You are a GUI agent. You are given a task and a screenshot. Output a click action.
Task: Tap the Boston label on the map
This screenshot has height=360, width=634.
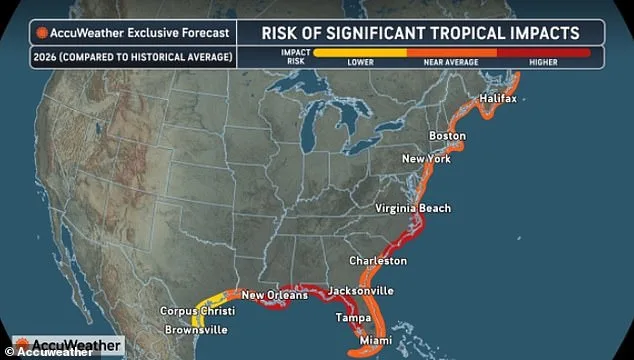click(447, 135)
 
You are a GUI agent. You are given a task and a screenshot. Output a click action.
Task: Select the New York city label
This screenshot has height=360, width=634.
click(426, 159)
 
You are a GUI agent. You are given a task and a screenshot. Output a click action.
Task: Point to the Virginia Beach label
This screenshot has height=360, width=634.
click(412, 208)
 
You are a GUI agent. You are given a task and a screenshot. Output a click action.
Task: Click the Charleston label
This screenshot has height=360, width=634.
click(377, 260)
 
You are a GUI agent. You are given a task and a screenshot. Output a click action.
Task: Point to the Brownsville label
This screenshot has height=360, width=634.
click(197, 329)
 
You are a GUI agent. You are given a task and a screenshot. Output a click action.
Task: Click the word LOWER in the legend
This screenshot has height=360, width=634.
click(360, 62)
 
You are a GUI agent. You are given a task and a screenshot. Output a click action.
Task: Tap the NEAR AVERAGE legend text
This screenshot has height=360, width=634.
click(451, 62)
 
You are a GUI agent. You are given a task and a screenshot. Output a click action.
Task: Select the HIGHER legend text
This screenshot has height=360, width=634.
click(543, 62)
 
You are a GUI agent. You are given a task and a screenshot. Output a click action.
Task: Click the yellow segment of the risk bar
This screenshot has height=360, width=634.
click(360, 51)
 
